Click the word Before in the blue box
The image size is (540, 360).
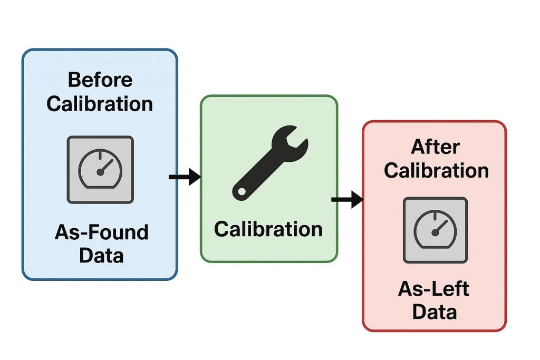(100, 80)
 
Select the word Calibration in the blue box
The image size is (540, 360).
(100, 103)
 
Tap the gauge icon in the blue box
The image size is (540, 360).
(100, 169)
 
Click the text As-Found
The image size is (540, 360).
(101, 232)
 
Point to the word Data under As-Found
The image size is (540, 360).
(101, 256)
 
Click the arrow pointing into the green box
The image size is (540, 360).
(185, 177)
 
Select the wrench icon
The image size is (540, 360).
(269, 161)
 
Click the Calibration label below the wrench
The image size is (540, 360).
(268, 229)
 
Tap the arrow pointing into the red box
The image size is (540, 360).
(347, 200)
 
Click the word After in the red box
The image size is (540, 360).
(435, 147)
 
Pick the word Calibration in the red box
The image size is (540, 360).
(436, 170)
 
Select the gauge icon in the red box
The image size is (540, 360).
(435, 230)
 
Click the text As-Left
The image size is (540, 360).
(434, 289)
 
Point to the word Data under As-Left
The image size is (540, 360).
(434, 312)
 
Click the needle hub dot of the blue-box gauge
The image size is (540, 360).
(100, 172)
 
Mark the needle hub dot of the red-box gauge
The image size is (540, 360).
(435, 232)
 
